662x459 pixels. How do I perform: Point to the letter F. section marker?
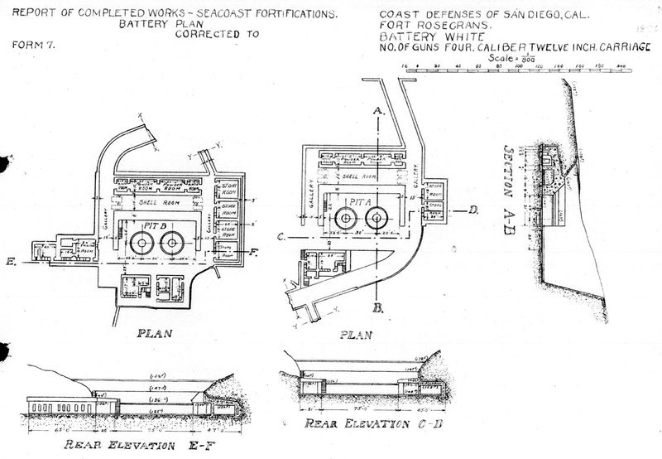253,253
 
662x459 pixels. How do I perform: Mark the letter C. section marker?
282,237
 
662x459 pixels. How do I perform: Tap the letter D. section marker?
473,210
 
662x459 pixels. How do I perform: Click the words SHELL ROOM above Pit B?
160,200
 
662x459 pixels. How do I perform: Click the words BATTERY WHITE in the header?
419,38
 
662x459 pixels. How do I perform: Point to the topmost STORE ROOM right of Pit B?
228,191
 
